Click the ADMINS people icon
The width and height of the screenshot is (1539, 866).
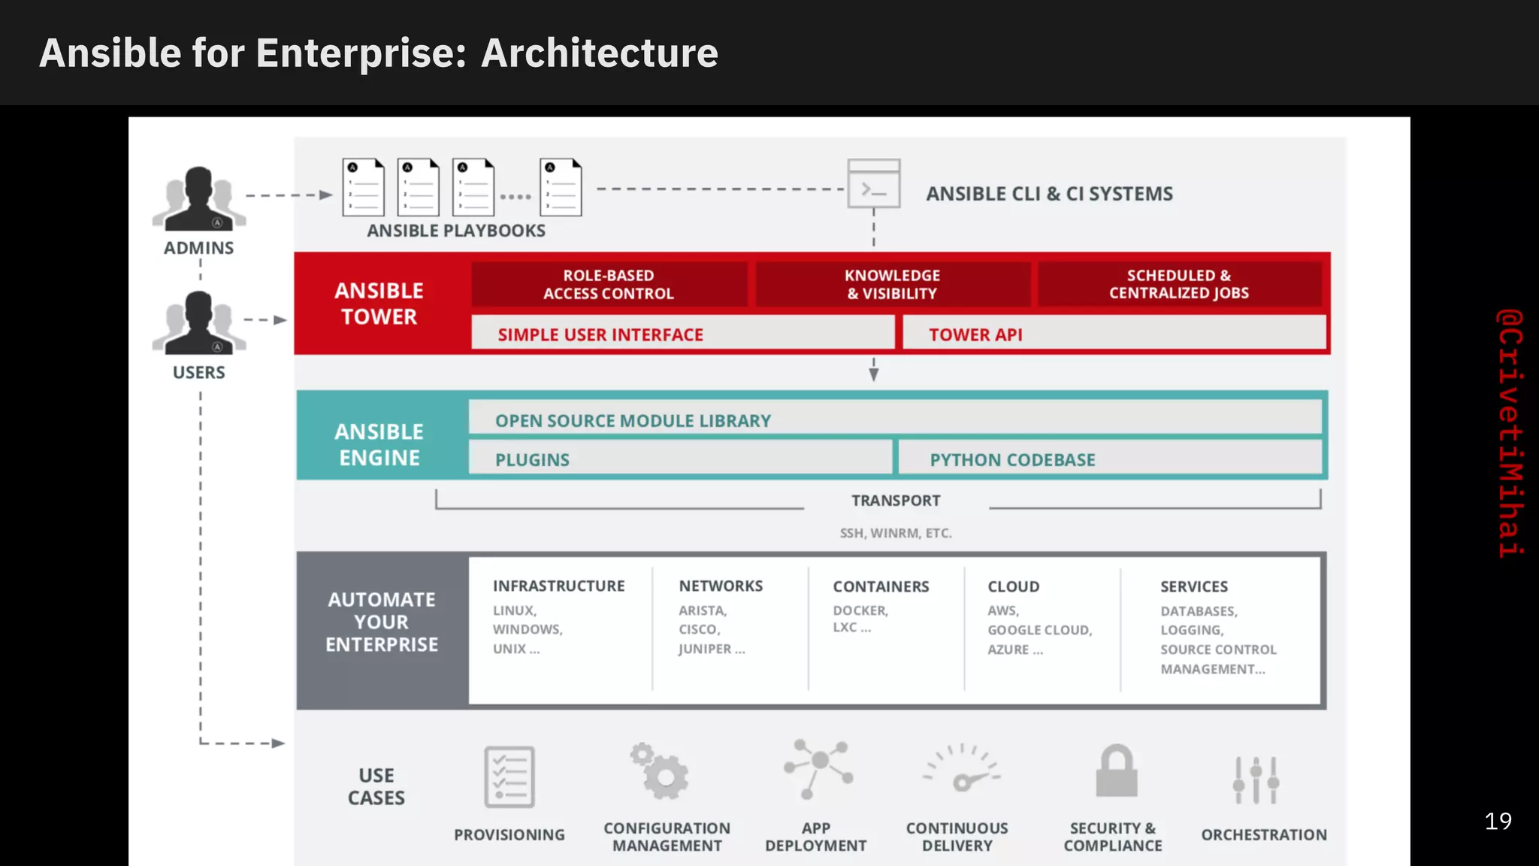pos(199,198)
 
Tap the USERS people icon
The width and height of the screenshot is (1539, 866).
pos(199,323)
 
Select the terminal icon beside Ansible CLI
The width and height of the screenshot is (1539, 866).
pos(874,183)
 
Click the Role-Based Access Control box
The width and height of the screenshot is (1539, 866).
pos(609,284)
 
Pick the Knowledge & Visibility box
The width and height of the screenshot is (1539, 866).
pos(893,284)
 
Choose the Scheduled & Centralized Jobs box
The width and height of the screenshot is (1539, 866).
pos(1179,284)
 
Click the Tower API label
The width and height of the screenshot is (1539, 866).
pos(975,335)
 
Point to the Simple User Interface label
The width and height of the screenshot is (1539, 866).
pos(600,335)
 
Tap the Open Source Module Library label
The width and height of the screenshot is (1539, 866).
pos(633,421)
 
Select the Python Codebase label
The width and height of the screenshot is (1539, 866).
pos(1012,460)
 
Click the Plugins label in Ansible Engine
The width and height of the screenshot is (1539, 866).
pos(532,460)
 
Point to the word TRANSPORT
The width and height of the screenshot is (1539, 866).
pos(896,501)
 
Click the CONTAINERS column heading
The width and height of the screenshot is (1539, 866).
pos(881,586)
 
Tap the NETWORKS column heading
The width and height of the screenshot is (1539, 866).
pos(721,586)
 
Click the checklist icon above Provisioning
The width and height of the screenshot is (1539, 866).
pos(509,777)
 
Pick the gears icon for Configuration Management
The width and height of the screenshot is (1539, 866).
pos(660,772)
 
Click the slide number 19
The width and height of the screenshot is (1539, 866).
pos(1498,821)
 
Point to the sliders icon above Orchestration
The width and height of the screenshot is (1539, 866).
pos(1256,780)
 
